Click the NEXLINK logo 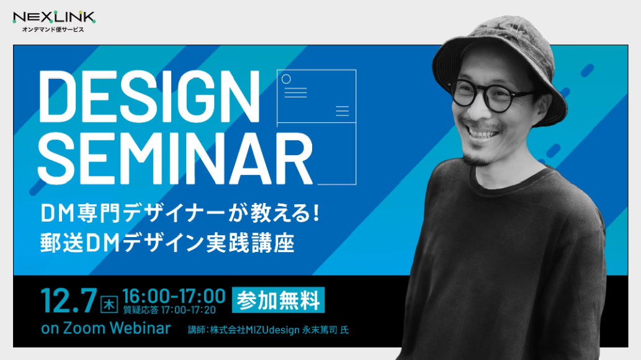coord(54,17)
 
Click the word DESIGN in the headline coord(149,97)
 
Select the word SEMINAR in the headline coord(176,159)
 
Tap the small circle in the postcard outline coord(286,79)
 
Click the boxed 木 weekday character coord(109,304)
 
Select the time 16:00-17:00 coord(174,296)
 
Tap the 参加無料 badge coord(278,300)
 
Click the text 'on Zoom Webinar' coord(105,328)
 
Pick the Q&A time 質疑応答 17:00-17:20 coord(169,310)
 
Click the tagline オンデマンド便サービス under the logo coord(53,29)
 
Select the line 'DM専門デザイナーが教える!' coord(179,213)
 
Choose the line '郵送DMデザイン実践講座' coord(167,243)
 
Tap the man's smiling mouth coord(482,131)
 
